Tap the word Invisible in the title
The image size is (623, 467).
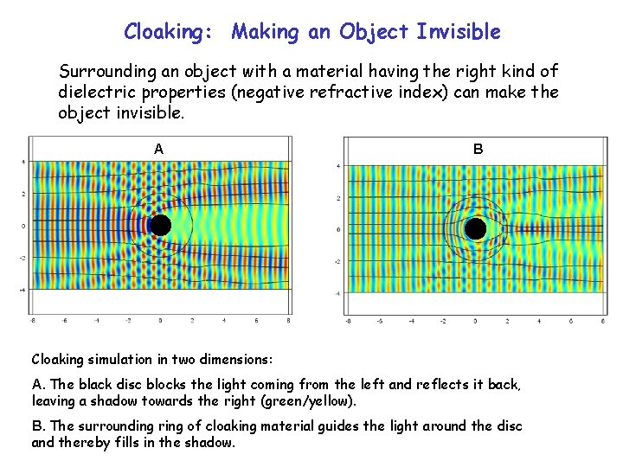click(x=458, y=32)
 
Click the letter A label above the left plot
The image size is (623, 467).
click(x=158, y=149)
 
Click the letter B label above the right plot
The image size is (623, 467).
click(x=478, y=149)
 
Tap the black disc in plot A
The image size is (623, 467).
click(x=159, y=226)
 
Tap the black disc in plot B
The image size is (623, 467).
click(x=475, y=229)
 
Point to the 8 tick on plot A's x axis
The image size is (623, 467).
click(x=287, y=320)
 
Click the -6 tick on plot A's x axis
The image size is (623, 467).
click(x=64, y=320)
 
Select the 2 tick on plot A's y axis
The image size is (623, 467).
click(x=22, y=194)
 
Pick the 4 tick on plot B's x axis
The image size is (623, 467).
click(x=538, y=321)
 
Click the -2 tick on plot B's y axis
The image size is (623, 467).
click(x=337, y=261)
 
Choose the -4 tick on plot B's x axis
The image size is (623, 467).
click(x=411, y=321)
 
